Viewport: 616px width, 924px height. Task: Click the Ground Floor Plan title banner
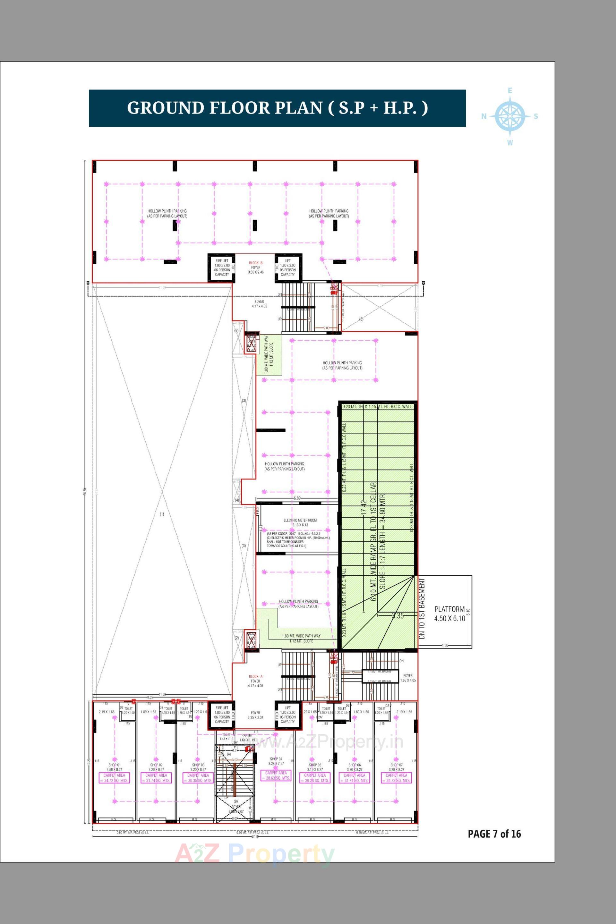pos(277,108)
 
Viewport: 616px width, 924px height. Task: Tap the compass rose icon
pos(510,116)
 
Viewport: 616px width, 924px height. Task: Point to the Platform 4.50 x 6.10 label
pos(449,614)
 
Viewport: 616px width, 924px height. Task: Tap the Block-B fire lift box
pos(222,267)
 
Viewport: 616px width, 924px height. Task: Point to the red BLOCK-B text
pos(255,263)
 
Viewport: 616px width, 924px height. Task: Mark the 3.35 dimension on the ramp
pos(398,616)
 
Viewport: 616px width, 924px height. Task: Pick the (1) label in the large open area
pos(162,514)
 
